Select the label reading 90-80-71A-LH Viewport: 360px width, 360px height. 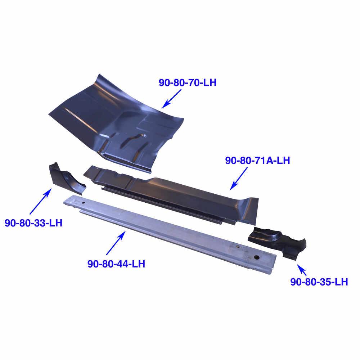pos(257,161)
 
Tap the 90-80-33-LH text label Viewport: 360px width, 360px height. pos(33,223)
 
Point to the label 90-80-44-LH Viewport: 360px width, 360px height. pos(116,264)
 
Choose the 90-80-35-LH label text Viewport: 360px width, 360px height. pos(319,282)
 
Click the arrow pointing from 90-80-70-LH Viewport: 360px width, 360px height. pos(171,98)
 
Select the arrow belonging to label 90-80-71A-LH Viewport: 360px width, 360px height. pos(239,178)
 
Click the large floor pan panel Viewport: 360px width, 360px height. pos(119,119)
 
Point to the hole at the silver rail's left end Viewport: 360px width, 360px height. pos(84,203)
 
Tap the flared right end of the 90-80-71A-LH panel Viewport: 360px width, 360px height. pos(248,209)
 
